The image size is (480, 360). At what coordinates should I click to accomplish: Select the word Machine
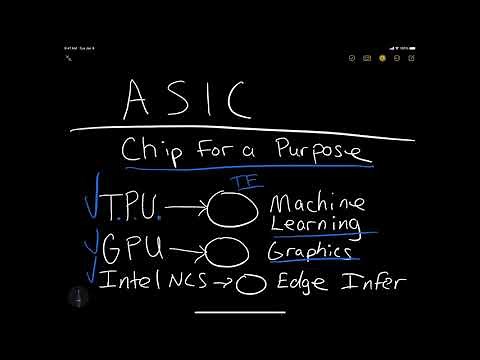pyautogui.click(x=317, y=203)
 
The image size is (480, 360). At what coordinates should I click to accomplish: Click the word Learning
pyautogui.click(x=316, y=224)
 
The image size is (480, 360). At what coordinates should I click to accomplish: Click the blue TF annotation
pyautogui.click(x=241, y=182)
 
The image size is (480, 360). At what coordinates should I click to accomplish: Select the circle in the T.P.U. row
pyautogui.click(x=231, y=209)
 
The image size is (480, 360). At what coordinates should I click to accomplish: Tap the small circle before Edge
pyautogui.click(x=250, y=284)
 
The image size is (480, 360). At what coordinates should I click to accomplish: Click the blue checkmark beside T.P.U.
pyautogui.click(x=92, y=202)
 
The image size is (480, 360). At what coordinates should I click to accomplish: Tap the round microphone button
pyautogui.click(x=79, y=297)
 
